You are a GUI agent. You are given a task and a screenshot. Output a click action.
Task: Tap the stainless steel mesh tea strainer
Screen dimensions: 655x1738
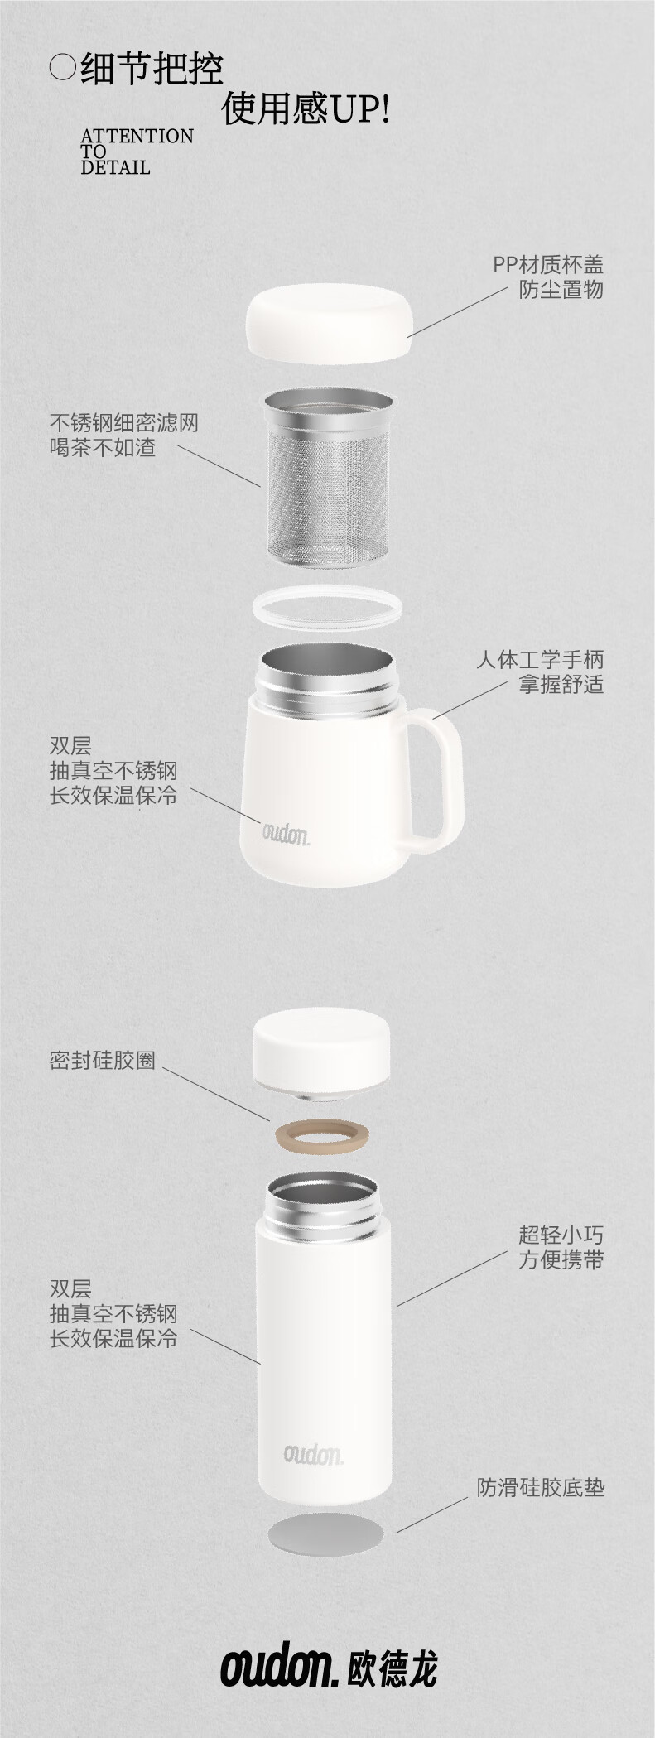pos(328,481)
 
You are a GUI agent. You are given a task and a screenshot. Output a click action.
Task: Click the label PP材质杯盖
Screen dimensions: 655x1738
pos(548,264)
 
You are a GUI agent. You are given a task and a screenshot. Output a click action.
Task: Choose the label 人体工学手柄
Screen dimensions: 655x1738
pos(540,659)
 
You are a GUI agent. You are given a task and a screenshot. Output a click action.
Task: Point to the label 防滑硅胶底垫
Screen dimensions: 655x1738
pos(540,1487)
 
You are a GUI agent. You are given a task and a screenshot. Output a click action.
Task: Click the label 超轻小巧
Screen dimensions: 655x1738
pos(561,1235)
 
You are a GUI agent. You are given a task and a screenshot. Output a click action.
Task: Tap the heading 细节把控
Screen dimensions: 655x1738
pos(152,69)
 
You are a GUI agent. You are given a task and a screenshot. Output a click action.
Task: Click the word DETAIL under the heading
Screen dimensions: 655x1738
pos(115,167)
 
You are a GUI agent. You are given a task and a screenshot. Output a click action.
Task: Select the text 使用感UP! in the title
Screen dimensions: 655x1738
pos(306,108)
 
